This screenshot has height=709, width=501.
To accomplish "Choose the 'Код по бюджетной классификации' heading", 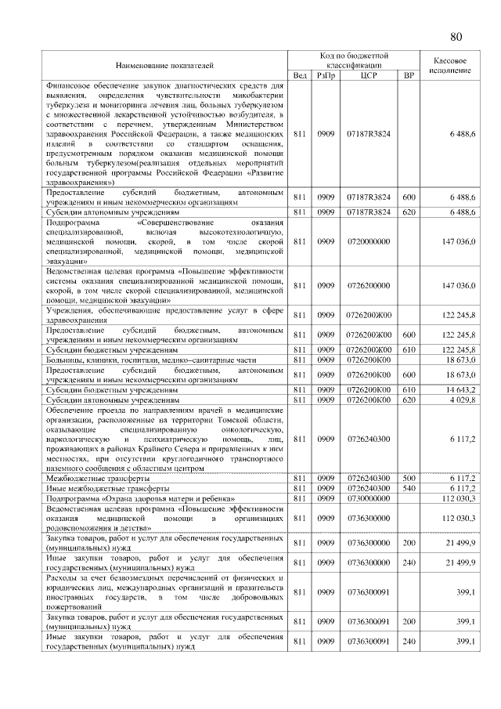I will coord(355,60).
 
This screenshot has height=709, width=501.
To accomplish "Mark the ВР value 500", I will coord(407,477).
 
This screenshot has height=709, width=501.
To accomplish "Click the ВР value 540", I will coord(407,487).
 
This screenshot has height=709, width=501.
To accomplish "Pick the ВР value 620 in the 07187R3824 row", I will coord(407,212).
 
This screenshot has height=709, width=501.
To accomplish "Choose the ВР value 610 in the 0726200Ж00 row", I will coord(407,349).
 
